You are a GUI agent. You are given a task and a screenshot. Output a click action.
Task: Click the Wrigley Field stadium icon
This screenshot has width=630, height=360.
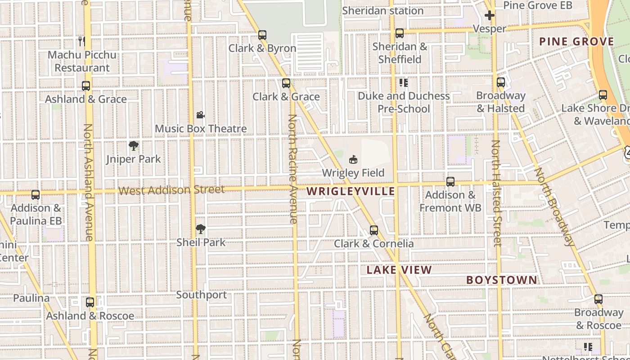[x=353, y=160]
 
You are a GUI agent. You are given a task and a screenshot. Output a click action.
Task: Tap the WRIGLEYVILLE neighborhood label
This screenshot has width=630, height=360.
[x=351, y=191]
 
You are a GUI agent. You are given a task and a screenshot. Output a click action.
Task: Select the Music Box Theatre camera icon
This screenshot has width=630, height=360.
[x=201, y=115]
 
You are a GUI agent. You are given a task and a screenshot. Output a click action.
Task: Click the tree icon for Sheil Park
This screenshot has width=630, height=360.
[x=201, y=229]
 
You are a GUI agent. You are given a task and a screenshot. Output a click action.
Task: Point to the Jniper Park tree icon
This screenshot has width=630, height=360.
[x=133, y=146]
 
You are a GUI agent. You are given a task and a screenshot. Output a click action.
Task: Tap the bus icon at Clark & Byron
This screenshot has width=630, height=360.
[x=262, y=35]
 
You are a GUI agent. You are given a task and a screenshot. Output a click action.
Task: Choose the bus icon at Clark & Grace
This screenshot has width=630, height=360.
[x=286, y=83]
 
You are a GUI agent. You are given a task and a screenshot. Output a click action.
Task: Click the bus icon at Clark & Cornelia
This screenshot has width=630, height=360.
[x=373, y=230]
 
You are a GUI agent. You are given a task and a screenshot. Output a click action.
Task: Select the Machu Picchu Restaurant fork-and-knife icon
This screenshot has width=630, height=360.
[x=82, y=41]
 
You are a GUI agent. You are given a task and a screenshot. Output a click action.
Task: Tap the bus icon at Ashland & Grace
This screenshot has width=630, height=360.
[x=86, y=85]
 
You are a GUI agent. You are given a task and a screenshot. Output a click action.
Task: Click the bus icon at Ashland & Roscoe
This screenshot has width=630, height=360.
[x=90, y=302]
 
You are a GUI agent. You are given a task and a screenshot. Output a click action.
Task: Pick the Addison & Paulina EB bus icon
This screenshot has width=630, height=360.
[x=36, y=195]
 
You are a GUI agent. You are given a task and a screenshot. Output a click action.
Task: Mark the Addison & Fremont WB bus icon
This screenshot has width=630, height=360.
[x=450, y=182]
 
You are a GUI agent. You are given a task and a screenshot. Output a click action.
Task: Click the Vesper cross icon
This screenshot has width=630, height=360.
[x=490, y=16]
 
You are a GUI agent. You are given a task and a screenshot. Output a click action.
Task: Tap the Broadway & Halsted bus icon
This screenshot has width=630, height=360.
[x=501, y=82]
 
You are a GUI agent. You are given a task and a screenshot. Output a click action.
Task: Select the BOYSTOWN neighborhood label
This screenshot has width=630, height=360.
[x=502, y=280]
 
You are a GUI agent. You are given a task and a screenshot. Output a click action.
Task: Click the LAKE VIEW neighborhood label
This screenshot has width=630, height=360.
[x=399, y=270]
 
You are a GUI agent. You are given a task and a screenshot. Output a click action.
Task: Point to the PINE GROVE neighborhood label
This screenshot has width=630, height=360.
[x=576, y=42]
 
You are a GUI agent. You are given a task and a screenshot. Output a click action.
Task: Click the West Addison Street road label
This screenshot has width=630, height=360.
[x=171, y=190]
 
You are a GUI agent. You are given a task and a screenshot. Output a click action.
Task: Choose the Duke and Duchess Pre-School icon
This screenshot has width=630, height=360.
[x=403, y=83]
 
